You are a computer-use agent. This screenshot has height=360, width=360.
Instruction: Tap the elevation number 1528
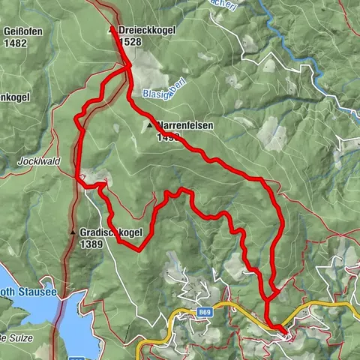pos(129,42)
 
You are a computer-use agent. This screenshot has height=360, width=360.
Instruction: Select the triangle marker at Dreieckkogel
pos(112,30)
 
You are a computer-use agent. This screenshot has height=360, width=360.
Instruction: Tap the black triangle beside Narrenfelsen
pos(152,126)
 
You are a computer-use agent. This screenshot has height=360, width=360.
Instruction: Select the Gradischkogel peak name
pos(110,233)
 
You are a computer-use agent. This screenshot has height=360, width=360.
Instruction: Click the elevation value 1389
pos(91,244)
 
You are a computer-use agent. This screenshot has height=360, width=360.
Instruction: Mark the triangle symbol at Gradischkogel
pos(73,232)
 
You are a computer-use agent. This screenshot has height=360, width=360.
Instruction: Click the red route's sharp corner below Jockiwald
pos(79,179)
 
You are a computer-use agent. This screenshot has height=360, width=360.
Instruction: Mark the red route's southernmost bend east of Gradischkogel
pos(138,251)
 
